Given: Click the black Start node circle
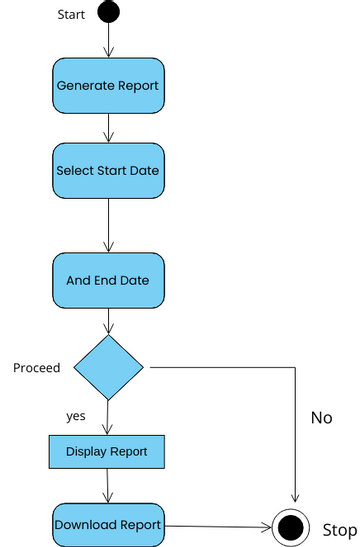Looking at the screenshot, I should click(x=108, y=13).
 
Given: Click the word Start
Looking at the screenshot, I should click(x=72, y=14).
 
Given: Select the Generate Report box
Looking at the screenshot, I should click(x=108, y=85).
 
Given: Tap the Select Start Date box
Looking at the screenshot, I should click(x=108, y=170).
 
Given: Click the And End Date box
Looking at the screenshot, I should click(x=108, y=280).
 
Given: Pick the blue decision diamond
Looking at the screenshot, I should click(x=108, y=367).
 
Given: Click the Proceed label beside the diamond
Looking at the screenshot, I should click(x=37, y=368).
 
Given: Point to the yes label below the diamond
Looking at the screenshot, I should click(x=76, y=415).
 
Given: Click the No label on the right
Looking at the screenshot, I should click(x=321, y=418).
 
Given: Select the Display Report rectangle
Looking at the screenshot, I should click(x=107, y=451).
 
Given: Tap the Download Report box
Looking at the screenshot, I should click(x=108, y=525).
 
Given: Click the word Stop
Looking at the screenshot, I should click(x=339, y=529).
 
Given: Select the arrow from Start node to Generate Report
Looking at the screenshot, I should click(x=108, y=40).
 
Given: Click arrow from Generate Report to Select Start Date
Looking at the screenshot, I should click(x=108, y=128).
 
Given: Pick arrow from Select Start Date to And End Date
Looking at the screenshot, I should click(x=108, y=225).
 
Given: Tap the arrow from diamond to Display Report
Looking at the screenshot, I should click(x=108, y=417).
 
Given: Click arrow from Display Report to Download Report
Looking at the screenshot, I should click(x=108, y=486).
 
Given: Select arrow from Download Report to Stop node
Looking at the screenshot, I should click(x=217, y=526).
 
